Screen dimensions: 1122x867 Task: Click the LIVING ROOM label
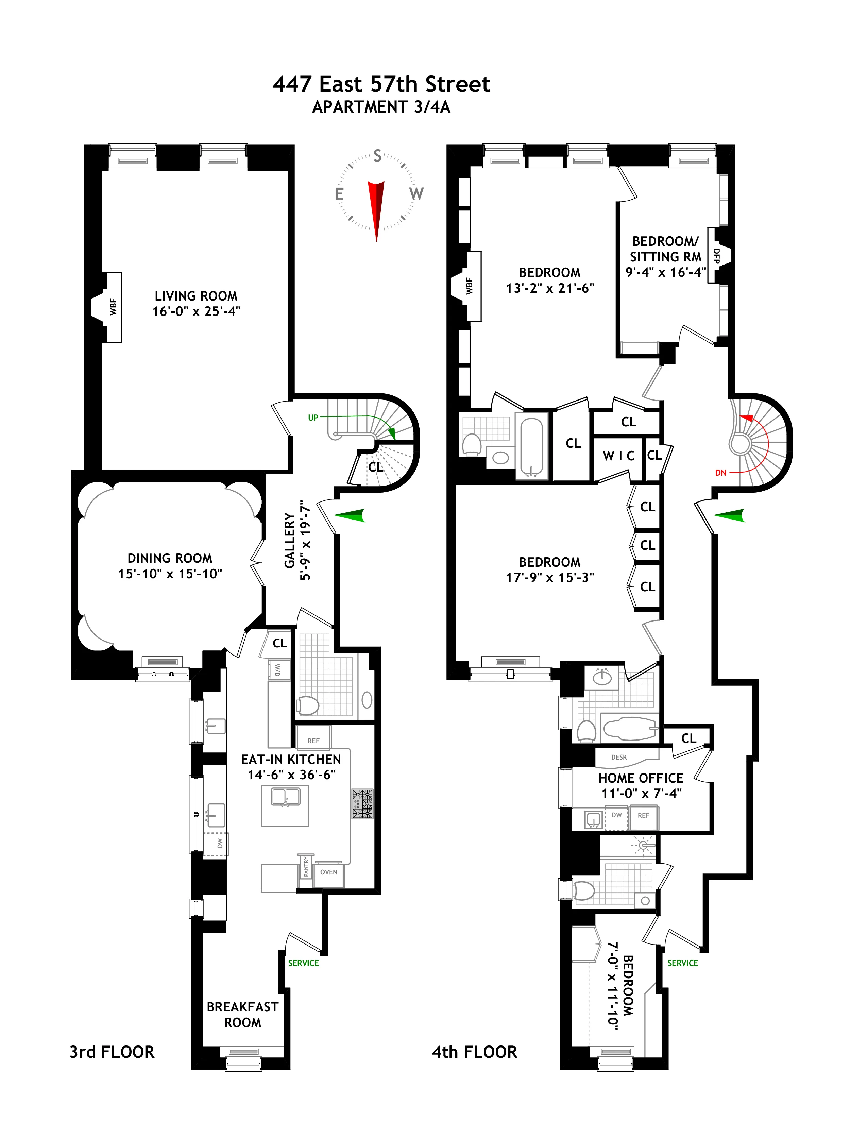point(196,296)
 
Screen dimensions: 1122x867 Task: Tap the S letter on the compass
point(377,156)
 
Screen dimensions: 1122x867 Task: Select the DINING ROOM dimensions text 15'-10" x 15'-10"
point(170,574)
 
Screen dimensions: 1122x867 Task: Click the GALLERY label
point(290,541)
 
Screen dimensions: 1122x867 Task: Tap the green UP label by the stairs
point(313,418)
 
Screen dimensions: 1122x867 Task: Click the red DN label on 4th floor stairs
point(720,473)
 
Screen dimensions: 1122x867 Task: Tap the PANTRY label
point(306,866)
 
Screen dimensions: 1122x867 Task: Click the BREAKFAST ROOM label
point(242,1015)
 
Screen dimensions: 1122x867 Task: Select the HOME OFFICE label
point(641,778)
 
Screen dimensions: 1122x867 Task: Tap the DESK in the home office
point(619,757)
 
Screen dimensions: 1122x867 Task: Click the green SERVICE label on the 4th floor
point(683,963)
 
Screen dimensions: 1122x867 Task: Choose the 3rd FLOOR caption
point(112,1052)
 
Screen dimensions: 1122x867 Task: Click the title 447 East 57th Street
point(381,84)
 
